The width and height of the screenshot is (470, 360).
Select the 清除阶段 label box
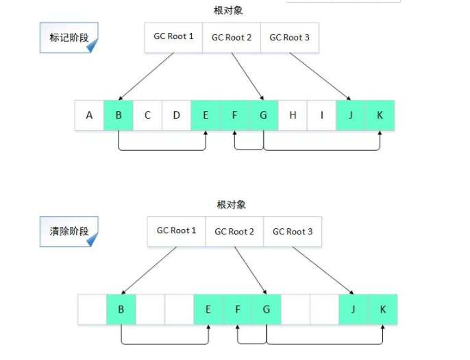pos(69,232)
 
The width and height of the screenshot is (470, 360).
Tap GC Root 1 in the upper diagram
pos(173,37)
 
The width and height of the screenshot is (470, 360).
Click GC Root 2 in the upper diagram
pos(232,37)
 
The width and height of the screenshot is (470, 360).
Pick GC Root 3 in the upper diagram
pos(289,37)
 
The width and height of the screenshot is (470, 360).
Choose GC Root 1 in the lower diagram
pos(176,231)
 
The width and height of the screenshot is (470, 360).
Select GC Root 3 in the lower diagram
pos(293,231)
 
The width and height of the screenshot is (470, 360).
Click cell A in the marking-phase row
pos(89,115)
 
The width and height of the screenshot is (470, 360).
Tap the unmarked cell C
pos(147,115)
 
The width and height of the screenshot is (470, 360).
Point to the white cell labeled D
pos(176,115)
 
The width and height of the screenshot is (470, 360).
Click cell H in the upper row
pos(293,115)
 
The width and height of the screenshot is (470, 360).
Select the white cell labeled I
pos(321,115)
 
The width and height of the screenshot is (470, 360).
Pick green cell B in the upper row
pos(119,115)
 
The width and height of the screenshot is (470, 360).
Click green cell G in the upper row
pos(263,115)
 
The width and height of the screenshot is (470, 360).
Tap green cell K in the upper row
pos(380,115)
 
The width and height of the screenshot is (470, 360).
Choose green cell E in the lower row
pos(208,309)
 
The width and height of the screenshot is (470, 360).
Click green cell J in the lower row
pos(354,309)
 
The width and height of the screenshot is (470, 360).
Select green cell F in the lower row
pos(237,309)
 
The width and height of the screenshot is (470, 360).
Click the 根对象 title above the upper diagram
pos(228,10)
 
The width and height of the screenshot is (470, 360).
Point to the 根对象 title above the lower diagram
pos(231,204)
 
